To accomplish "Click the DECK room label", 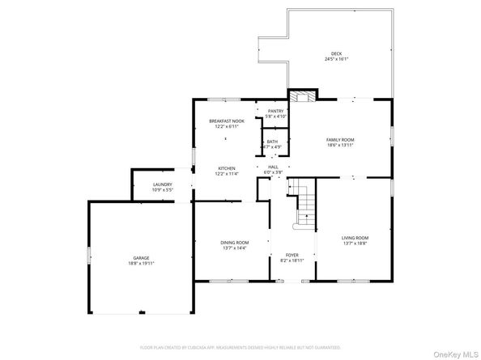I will pyautogui.click(x=335, y=53).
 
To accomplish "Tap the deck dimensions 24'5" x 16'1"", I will pyautogui.click(x=335, y=59).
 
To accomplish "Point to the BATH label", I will pyautogui.click(x=272, y=142).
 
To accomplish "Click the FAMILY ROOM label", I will pyautogui.click(x=340, y=139).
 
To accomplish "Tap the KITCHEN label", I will pyautogui.click(x=226, y=168).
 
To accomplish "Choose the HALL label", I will pyautogui.click(x=273, y=167).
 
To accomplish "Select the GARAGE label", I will pyautogui.click(x=141, y=257).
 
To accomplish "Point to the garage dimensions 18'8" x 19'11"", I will pyautogui.click(x=141, y=263).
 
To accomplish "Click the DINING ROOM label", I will pyautogui.click(x=235, y=243).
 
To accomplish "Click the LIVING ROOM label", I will pyautogui.click(x=355, y=237).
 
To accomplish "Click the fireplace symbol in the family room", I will pyautogui.click(x=303, y=97).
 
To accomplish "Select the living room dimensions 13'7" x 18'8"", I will pyautogui.click(x=355, y=243).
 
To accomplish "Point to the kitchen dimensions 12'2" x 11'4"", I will pyautogui.click(x=226, y=174).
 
